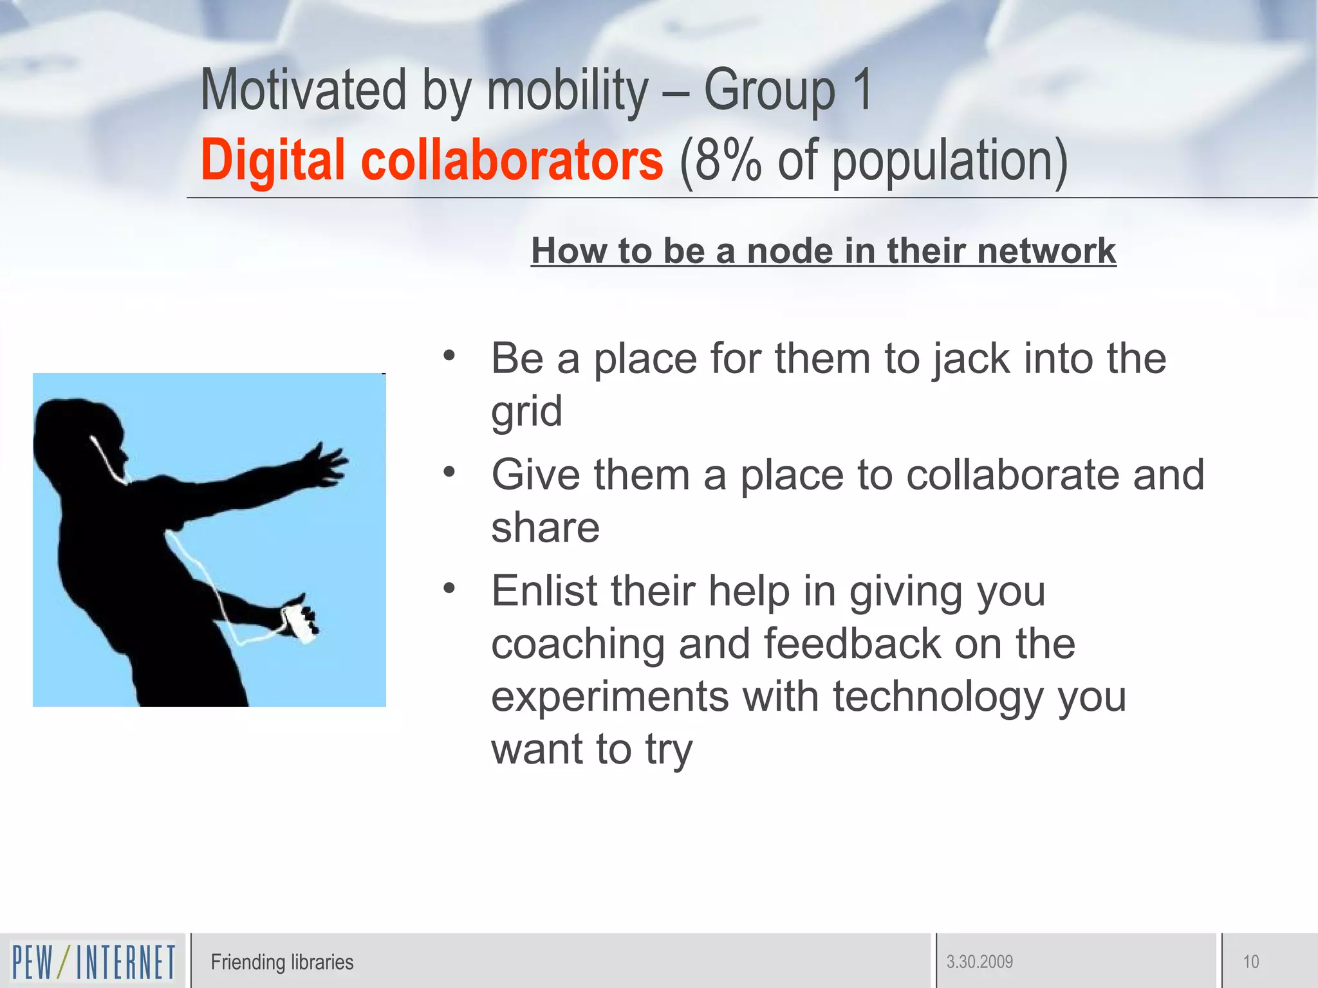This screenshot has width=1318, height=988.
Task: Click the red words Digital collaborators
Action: [431, 161]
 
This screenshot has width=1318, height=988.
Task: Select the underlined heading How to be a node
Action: [823, 251]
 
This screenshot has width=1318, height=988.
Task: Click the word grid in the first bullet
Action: [526, 412]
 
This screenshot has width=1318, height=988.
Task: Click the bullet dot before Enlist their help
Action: [449, 588]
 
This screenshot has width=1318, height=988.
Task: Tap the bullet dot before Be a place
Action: [449, 355]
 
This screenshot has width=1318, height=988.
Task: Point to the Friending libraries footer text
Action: [282, 962]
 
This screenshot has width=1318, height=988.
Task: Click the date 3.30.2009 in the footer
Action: [979, 962]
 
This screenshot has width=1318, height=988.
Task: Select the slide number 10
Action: [1250, 962]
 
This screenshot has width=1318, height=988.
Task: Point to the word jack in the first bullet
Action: [972, 359]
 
